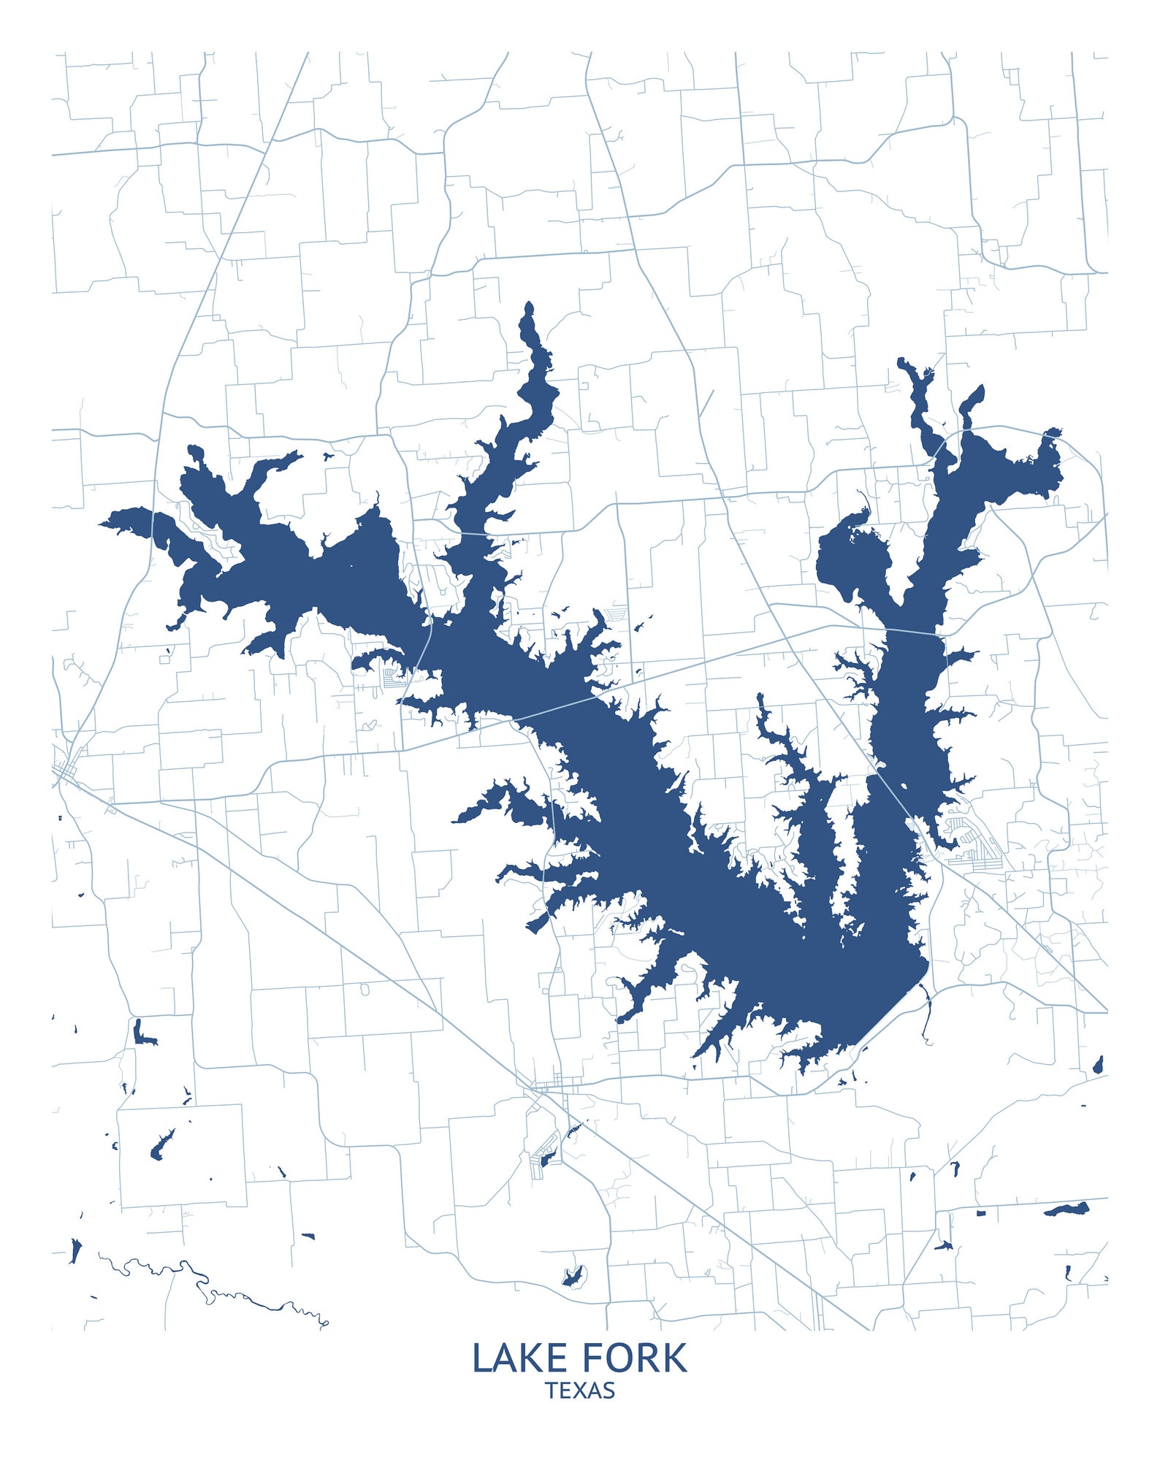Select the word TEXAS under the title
[580, 1391]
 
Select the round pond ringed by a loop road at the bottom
[574, 1276]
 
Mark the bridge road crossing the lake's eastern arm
[906, 631]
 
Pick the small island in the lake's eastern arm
[904, 786]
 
